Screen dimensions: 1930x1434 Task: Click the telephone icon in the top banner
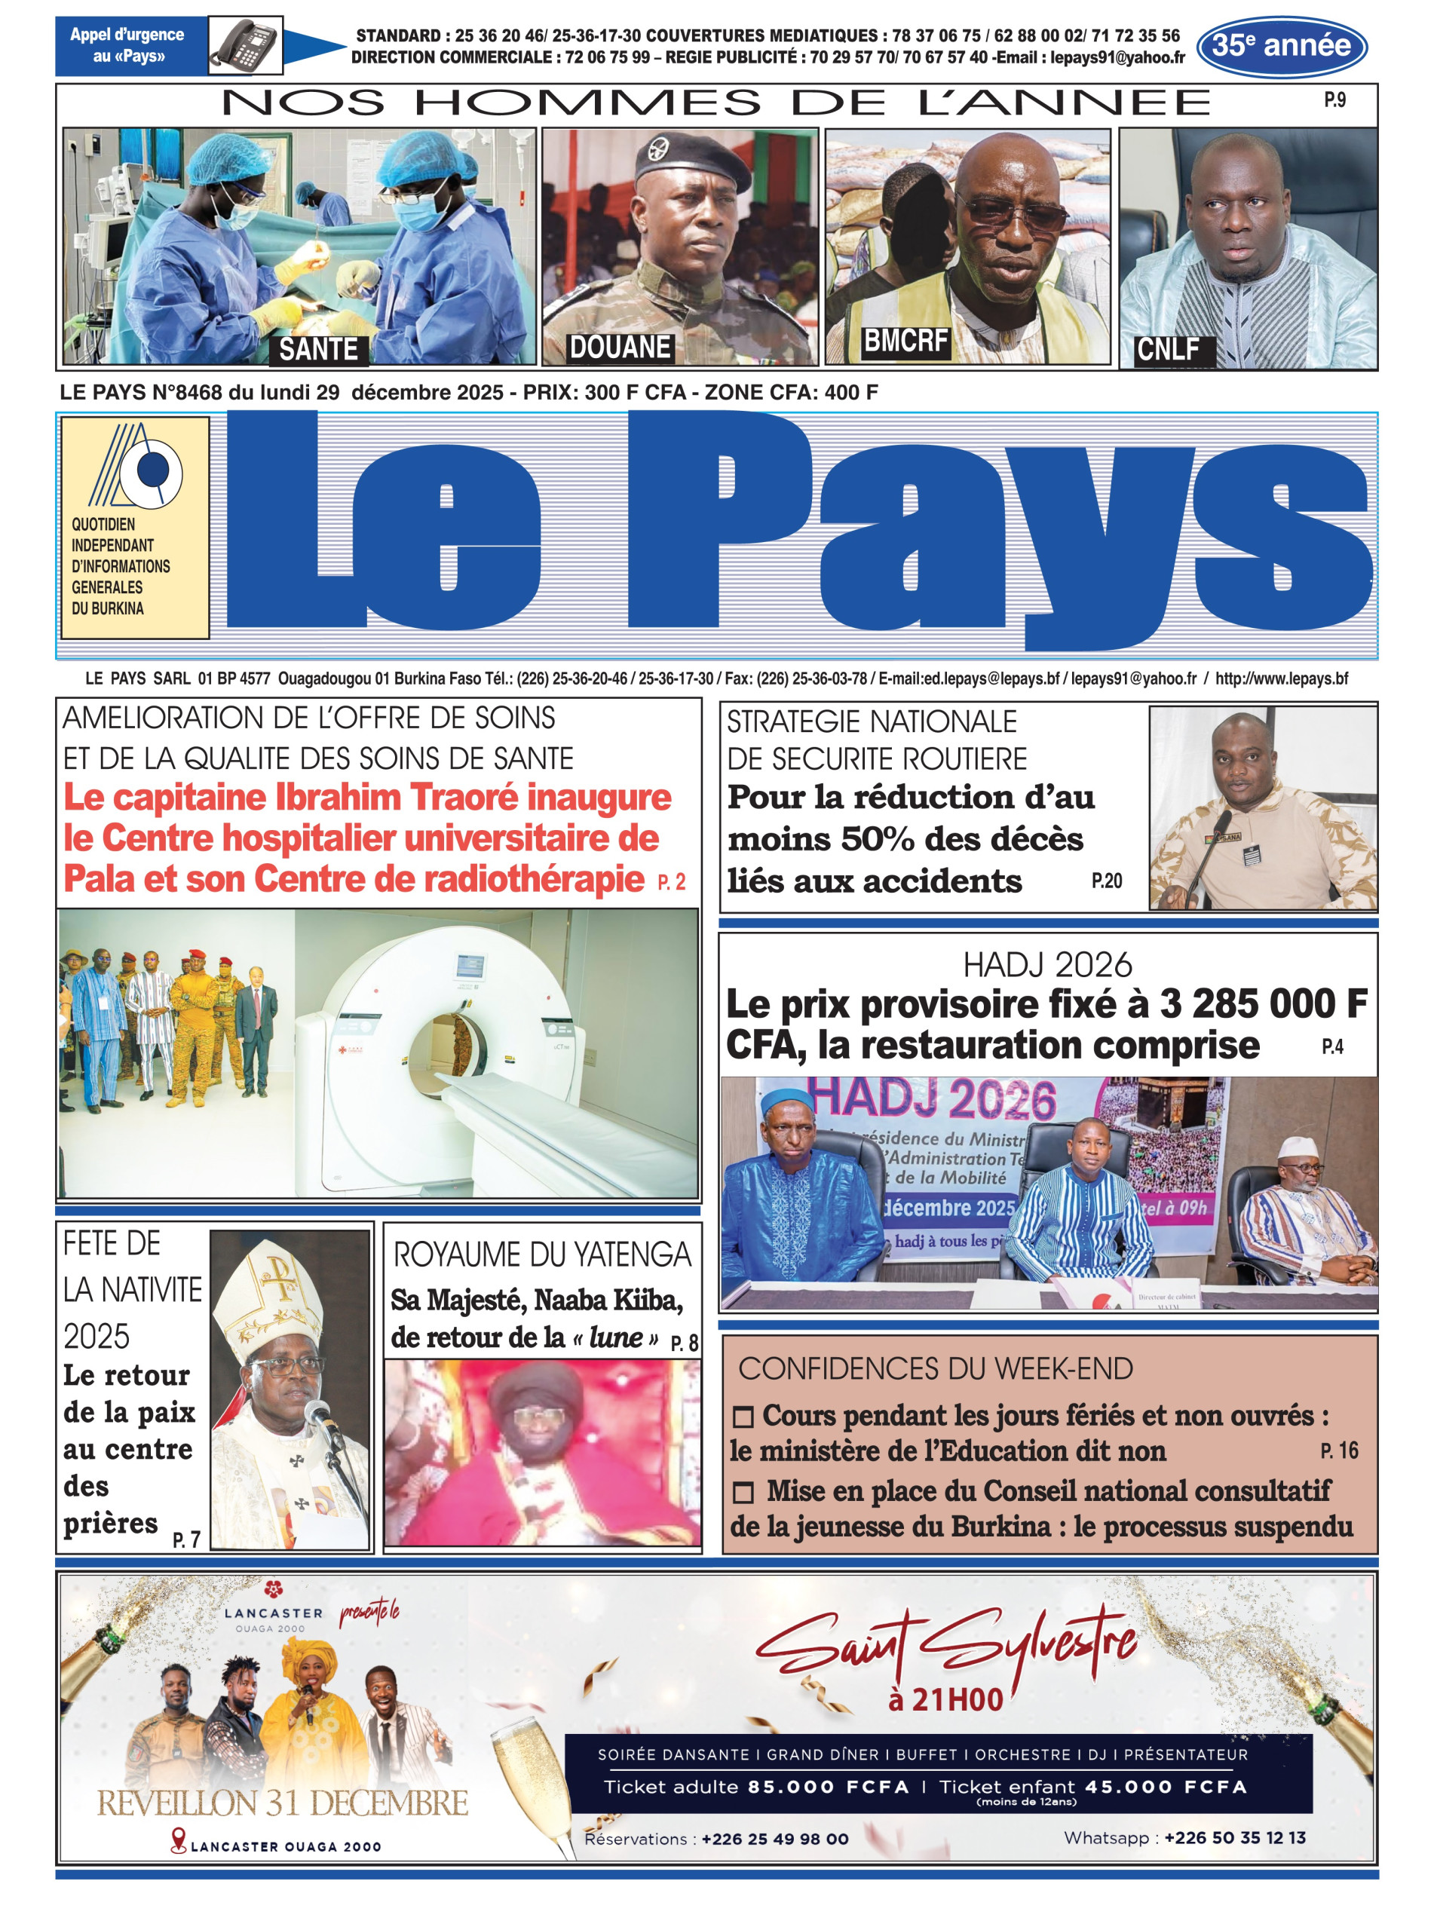click(x=246, y=44)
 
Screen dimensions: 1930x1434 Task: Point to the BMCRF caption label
click(x=905, y=341)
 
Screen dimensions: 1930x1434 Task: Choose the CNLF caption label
click(x=1168, y=350)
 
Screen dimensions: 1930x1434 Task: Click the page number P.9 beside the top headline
click(x=1334, y=101)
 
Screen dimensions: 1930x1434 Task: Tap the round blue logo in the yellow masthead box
click(x=155, y=470)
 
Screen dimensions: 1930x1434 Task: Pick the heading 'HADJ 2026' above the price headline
click(x=1048, y=965)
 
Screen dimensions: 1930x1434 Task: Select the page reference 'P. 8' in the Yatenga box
click(x=684, y=1343)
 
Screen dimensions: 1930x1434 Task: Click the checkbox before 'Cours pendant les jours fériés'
click(x=743, y=1417)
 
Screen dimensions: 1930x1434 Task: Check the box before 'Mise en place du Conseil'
click(x=743, y=1493)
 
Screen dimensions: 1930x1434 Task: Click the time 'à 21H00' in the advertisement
click(x=945, y=1699)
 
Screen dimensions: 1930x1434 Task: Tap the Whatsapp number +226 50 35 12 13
click(x=1234, y=1837)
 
